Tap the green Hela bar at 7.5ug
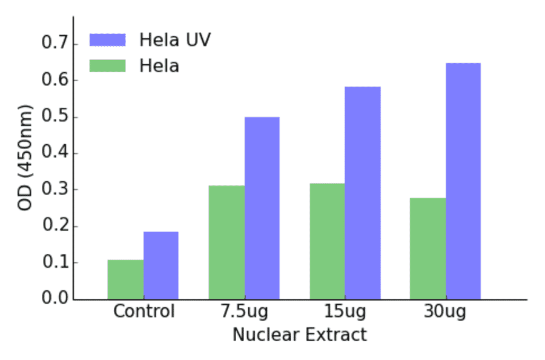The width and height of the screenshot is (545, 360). pyautogui.click(x=226, y=242)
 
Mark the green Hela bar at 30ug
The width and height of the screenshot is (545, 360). pyautogui.click(x=428, y=248)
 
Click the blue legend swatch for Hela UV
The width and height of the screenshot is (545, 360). pyautogui.click(x=107, y=40)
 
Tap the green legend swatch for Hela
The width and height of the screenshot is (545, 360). pyautogui.click(x=107, y=65)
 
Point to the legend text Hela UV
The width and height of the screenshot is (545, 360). pyautogui.click(x=174, y=40)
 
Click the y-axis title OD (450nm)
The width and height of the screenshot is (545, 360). pyautogui.click(x=25, y=157)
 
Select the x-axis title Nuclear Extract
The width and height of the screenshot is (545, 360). pyautogui.click(x=299, y=335)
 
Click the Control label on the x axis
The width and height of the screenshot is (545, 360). pyautogui.click(x=144, y=312)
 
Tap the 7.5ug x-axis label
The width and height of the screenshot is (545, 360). pyautogui.click(x=244, y=312)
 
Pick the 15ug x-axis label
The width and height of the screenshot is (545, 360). pyautogui.click(x=345, y=312)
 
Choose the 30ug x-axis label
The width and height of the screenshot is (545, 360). pyautogui.click(x=445, y=312)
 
